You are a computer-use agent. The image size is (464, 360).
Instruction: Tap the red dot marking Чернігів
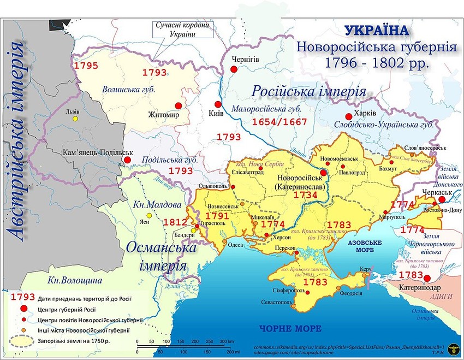(x=234, y=69)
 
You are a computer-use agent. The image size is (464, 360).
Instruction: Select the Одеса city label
(x=236, y=245)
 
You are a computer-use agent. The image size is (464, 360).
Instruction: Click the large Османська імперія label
(x=162, y=257)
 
